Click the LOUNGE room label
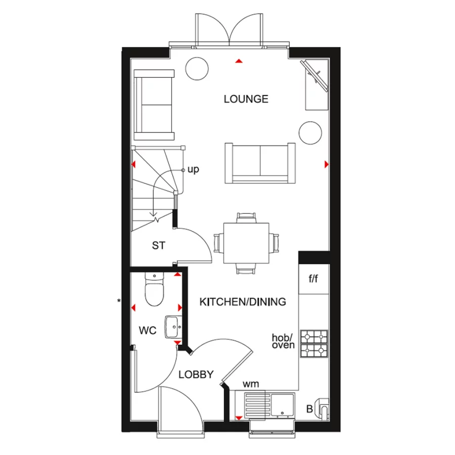pos(246,99)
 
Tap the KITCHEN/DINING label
pos(243,302)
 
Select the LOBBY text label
pos(196,375)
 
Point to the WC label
pos(148,331)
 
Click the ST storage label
pos(159,246)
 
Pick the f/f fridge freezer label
pos(313,279)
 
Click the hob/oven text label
pos(284,341)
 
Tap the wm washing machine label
pos(250,384)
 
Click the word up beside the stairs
pos(193,169)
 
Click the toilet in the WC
pos(152,291)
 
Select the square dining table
pos(247,243)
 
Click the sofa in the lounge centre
pos(260,162)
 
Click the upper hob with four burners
pos(314,336)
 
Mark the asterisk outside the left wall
pos(119,301)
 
